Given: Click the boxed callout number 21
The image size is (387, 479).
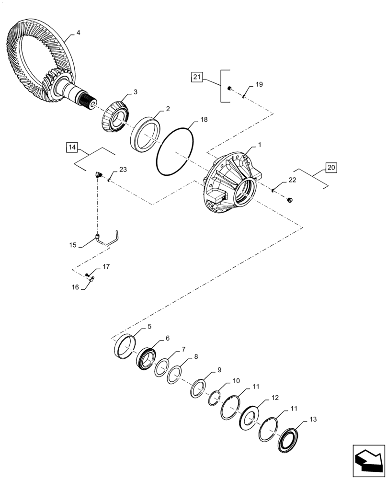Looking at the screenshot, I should point(197,77).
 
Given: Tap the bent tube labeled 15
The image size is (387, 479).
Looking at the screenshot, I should point(108,239).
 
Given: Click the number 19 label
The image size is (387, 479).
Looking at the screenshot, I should point(259,85).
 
